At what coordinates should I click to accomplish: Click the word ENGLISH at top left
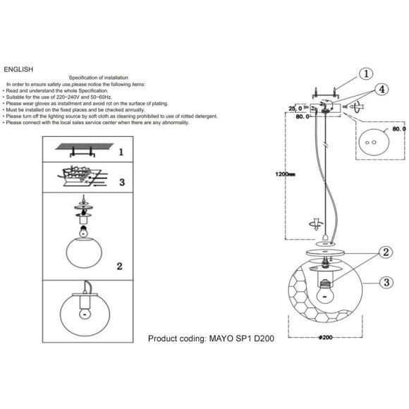[18, 69]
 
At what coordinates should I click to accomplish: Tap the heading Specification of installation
[98, 78]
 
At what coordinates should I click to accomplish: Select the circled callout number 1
[366, 74]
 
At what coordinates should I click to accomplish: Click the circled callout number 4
[381, 90]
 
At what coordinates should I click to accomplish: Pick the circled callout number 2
[386, 252]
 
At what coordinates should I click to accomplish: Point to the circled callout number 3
[386, 282]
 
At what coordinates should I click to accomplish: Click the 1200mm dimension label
[285, 174]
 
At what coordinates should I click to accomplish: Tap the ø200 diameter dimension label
[326, 338]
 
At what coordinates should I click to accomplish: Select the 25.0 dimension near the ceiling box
[295, 109]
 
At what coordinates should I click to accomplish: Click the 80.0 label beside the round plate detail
[399, 129]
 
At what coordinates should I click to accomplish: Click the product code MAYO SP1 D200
[242, 338]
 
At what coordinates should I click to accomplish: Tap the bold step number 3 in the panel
[122, 183]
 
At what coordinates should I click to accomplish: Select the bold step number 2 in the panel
[119, 267]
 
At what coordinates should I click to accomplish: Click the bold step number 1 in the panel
[121, 152]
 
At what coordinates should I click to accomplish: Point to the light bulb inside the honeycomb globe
[325, 293]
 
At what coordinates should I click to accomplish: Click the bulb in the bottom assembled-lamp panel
[84, 313]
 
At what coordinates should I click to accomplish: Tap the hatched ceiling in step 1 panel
[85, 147]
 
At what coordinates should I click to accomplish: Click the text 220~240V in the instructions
[68, 97]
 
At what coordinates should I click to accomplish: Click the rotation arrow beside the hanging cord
[316, 224]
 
